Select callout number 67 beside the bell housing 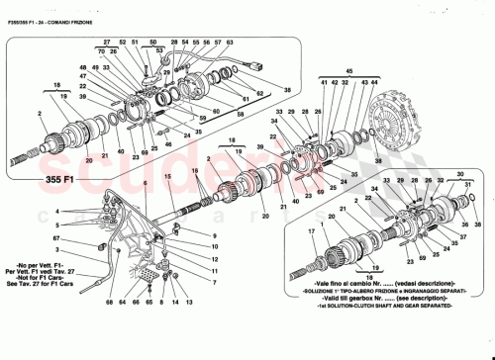[x=59, y=239]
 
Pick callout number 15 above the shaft [x=168, y=176]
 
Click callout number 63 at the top [x=229, y=44]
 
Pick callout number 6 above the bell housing [x=144, y=184]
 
